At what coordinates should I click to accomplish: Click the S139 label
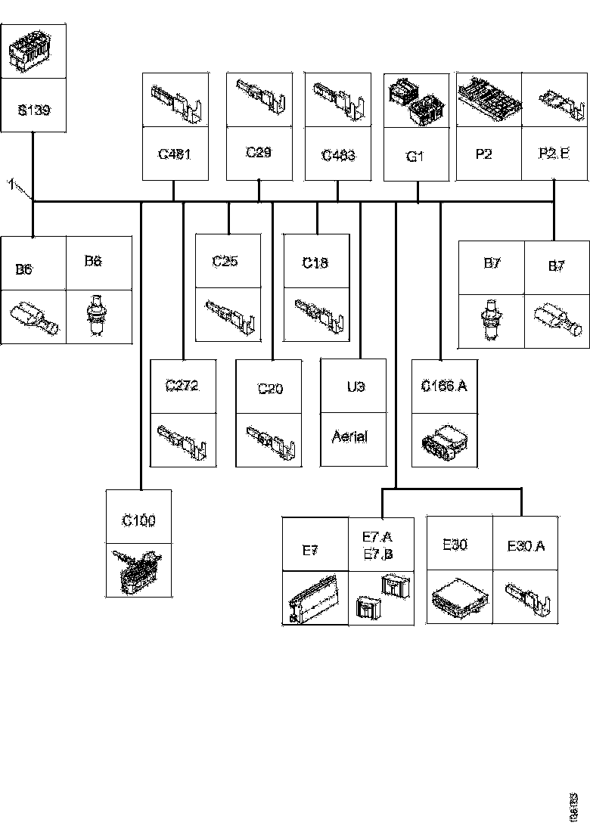click(33, 110)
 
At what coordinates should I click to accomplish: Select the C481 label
click(175, 155)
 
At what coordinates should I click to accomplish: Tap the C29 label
click(259, 153)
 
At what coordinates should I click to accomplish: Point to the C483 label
click(338, 155)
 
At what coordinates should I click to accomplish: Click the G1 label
click(415, 157)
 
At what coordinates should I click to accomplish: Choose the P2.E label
click(554, 154)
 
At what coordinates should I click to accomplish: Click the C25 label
click(225, 262)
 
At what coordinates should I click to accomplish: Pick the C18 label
click(315, 262)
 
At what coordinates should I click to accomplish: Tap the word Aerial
click(349, 436)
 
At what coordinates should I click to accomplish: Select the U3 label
click(356, 387)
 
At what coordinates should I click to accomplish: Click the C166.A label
click(444, 387)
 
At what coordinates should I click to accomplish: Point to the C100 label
click(139, 520)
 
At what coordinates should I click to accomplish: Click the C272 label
click(182, 386)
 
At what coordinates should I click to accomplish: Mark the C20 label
click(270, 389)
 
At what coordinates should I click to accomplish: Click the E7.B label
click(378, 554)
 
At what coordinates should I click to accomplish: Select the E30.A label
click(526, 545)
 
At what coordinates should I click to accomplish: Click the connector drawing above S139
click(33, 51)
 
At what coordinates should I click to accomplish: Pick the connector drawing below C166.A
click(444, 440)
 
